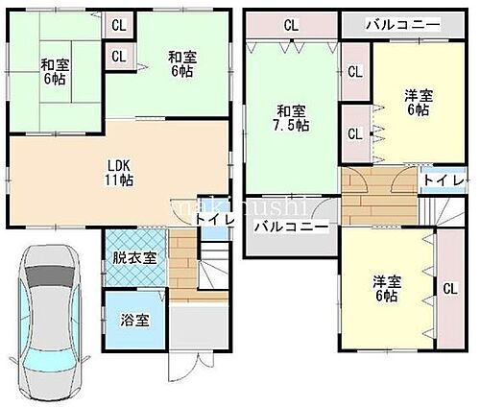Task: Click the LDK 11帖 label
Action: [x=119, y=170]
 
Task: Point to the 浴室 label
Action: [x=134, y=319]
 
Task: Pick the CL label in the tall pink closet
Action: [x=449, y=287]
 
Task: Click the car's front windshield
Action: [x=48, y=278]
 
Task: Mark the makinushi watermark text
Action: [x=240, y=207]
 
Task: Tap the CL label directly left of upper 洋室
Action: [x=354, y=72]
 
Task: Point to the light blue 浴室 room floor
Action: [x=134, y=333]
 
